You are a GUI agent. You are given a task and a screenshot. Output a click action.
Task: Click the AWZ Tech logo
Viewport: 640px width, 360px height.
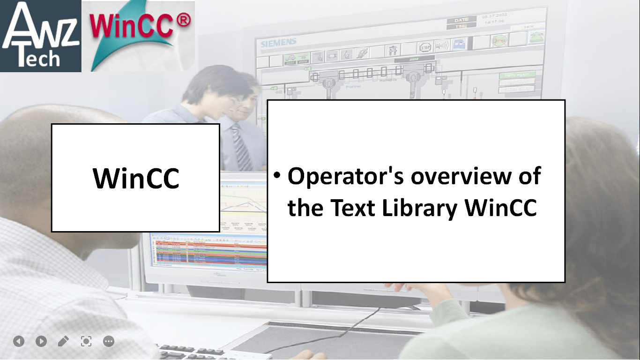point(41,36)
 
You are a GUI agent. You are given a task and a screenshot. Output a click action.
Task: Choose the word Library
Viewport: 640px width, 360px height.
point(419,208)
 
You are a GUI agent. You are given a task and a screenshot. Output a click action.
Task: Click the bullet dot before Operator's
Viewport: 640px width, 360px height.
point(277,175)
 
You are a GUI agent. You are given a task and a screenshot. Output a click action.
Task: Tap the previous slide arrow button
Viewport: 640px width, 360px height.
point(19,341)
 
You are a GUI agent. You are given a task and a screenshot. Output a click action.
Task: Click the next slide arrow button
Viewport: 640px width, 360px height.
point(41,341)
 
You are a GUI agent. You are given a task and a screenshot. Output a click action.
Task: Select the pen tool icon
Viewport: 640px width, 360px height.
point(63,341)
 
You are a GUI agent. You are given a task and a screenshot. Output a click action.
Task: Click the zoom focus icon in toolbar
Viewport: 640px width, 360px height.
point(86,341)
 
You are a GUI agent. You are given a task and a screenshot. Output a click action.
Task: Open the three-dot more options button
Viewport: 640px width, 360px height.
point(109,341)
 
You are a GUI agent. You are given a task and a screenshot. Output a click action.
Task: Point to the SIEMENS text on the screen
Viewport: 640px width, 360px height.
point(278,43)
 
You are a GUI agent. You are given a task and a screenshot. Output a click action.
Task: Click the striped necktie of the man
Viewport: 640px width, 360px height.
point(241,148)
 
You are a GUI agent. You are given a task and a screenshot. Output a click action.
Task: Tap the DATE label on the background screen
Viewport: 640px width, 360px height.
point(461,20)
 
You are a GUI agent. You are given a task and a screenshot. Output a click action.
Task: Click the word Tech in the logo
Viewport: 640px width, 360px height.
point(38,60)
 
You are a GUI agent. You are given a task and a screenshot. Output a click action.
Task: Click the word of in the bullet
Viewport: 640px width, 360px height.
point(529,177)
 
